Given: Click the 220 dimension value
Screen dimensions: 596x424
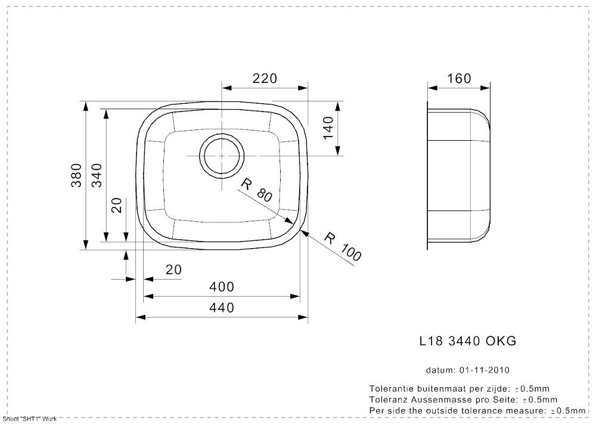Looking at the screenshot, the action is pyautogui.click(x=265, y=78).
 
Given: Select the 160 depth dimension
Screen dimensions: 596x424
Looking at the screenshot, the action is pyautogui.click(x=459, y=78).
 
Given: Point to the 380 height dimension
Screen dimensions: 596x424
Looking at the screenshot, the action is pyautogui.click(x=76, y=175).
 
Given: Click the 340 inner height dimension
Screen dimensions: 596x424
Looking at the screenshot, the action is pyautogui.click(x=97, y=175).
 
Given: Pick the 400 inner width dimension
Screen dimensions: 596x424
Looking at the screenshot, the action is pyautogui.click(x=222, y=287).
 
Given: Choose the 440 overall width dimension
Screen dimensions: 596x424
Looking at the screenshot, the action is pyautogui.click(x=222, y=307).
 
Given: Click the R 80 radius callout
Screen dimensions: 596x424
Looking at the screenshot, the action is pyautogui.click(x=256, y=190).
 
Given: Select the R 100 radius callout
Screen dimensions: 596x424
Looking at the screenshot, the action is pyautogui.click(x=343, y=247).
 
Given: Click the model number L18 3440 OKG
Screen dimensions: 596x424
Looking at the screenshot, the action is pyautogui.click(x=468, y=341).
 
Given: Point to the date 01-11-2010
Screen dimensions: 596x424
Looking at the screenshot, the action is pyautogui.click(x=484, y=370).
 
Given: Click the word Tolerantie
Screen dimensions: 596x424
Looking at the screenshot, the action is pyautogui.click(x=393, y=389).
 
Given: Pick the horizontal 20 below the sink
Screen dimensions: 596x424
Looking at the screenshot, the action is pyautogui.click(x=173, y=270).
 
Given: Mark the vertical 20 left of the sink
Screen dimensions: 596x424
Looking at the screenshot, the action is pyautogui.click(x=118, y=205).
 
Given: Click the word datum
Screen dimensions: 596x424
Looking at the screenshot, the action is pyautogui.click(x=440, y=370).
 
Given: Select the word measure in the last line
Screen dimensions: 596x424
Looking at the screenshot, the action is pyautogui.click(x=524, y=411).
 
